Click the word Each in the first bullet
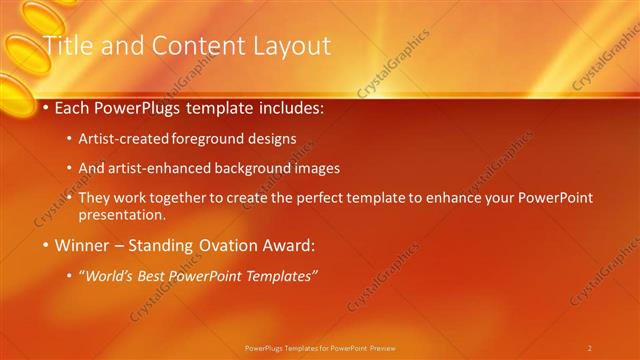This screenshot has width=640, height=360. click(73, 107)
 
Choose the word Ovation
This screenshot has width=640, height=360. click(221, 245)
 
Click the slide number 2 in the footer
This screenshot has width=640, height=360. click(589, 348)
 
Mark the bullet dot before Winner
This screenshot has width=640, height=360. click(45, 245)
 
